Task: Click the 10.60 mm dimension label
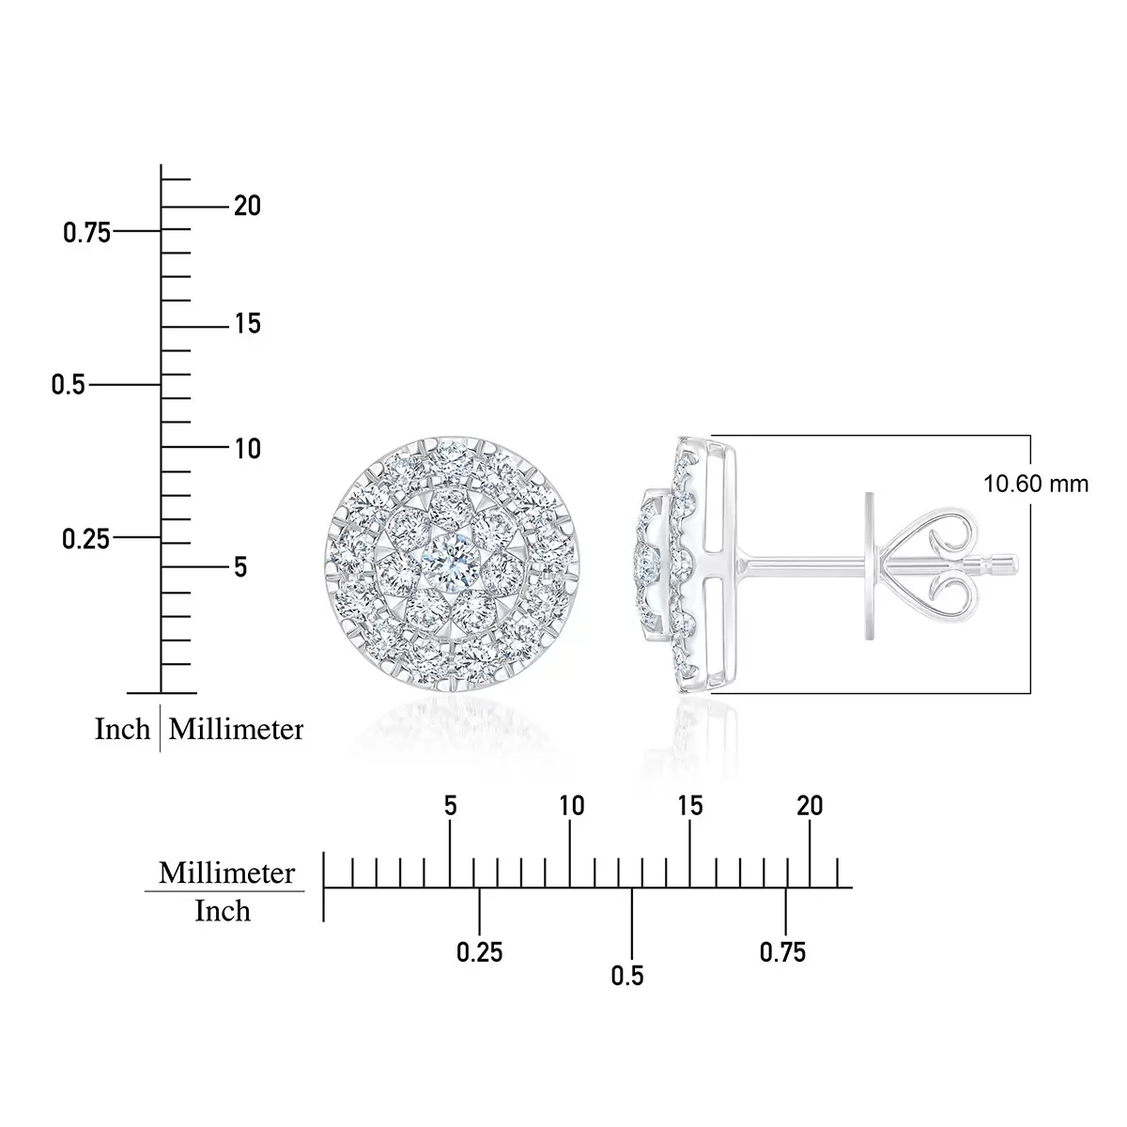click(x=1036, y=485)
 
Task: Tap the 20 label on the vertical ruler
click(x=247, y=206)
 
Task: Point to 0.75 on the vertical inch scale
click(x=86, y=233)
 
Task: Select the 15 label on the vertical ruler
click(x=247, y=324)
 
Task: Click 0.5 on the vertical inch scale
click(x=68, y=385)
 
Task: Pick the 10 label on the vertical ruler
click(x=247, y=449)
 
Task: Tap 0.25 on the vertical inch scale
click(x=85, y=539)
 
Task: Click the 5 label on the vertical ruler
click(x=240, y=567)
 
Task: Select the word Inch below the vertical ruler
click(x=122, y=730)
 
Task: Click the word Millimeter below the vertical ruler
click(x=236, y=730)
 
